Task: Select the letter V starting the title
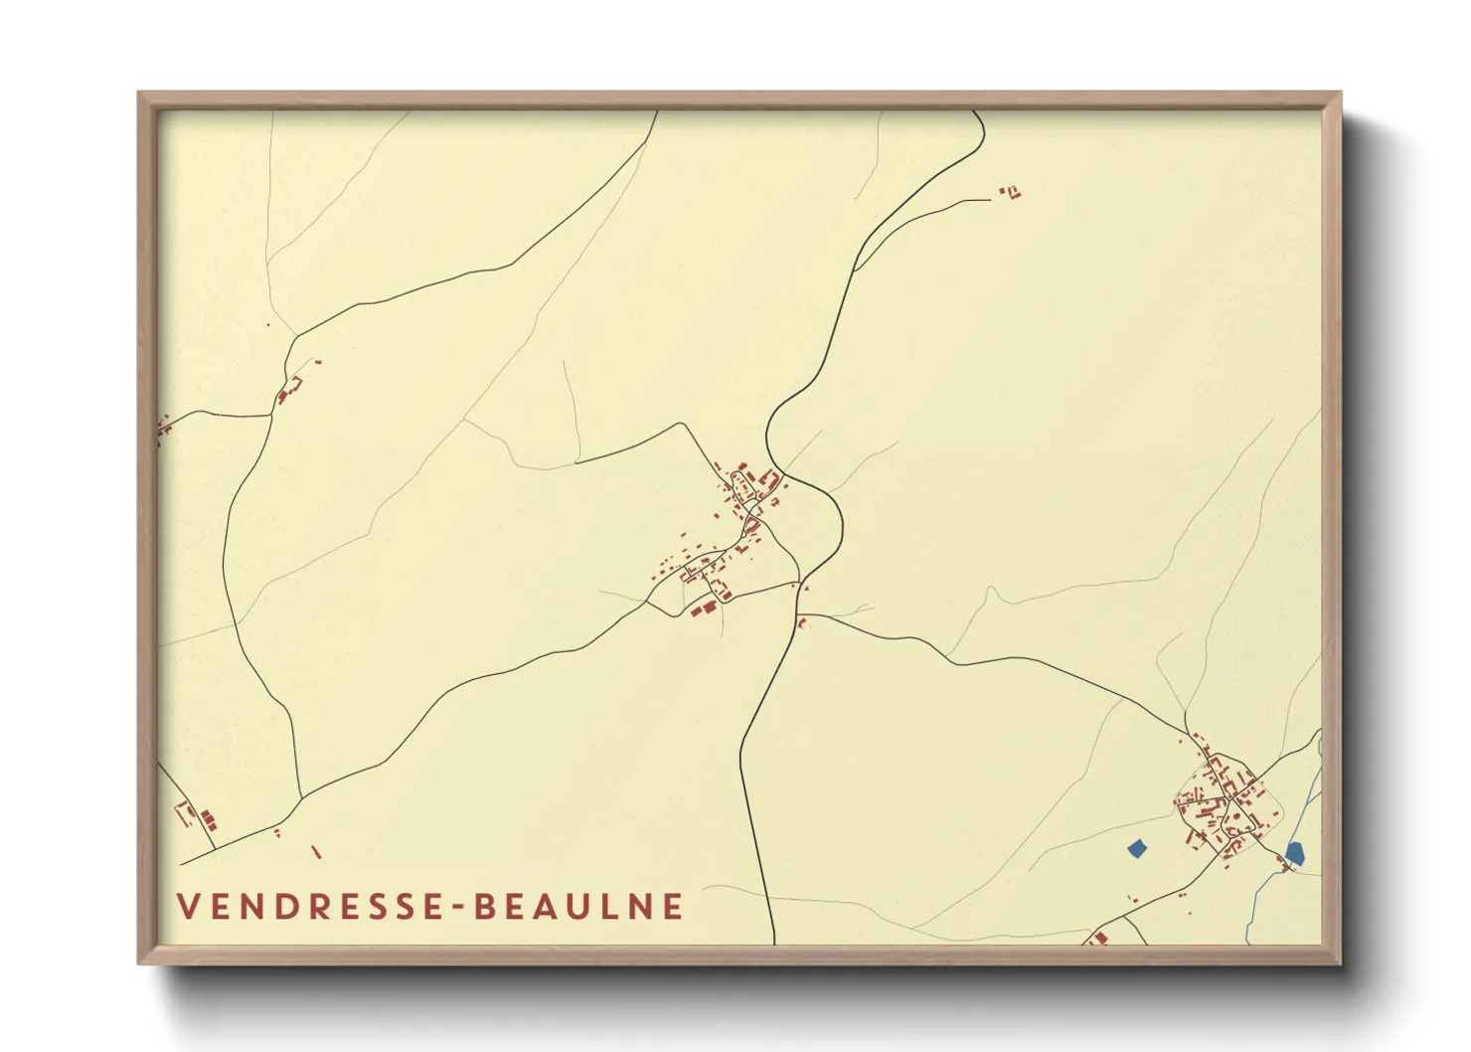[186, 906]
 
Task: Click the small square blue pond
[1137, 848]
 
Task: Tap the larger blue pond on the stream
[1294, 852]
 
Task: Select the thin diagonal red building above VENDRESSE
[316, 852]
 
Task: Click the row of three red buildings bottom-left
[208, 819]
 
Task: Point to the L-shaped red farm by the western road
[289, 389]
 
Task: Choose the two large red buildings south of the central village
[704, 608]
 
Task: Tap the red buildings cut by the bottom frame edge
[1098, 937]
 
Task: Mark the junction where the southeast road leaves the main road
[804, 616]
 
